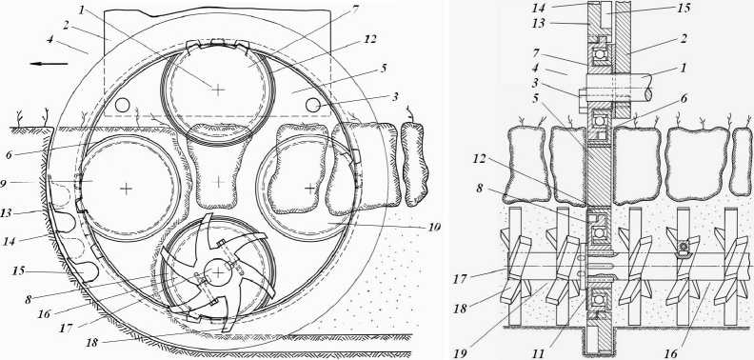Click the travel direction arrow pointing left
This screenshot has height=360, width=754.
[x=49, y=63]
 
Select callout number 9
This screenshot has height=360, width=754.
[x=4, y=184]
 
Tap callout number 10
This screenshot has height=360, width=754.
[x=433, y=227]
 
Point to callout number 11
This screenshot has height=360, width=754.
[x=539, y=353]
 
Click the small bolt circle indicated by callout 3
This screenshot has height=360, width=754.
[x=313, y=104]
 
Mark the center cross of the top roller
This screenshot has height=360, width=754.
[x=218, y=89]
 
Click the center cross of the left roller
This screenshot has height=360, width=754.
[x=126, y=189]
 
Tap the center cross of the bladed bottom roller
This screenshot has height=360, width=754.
[x=219, y=273]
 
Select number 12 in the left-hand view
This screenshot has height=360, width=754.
[x=369, y=38]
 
